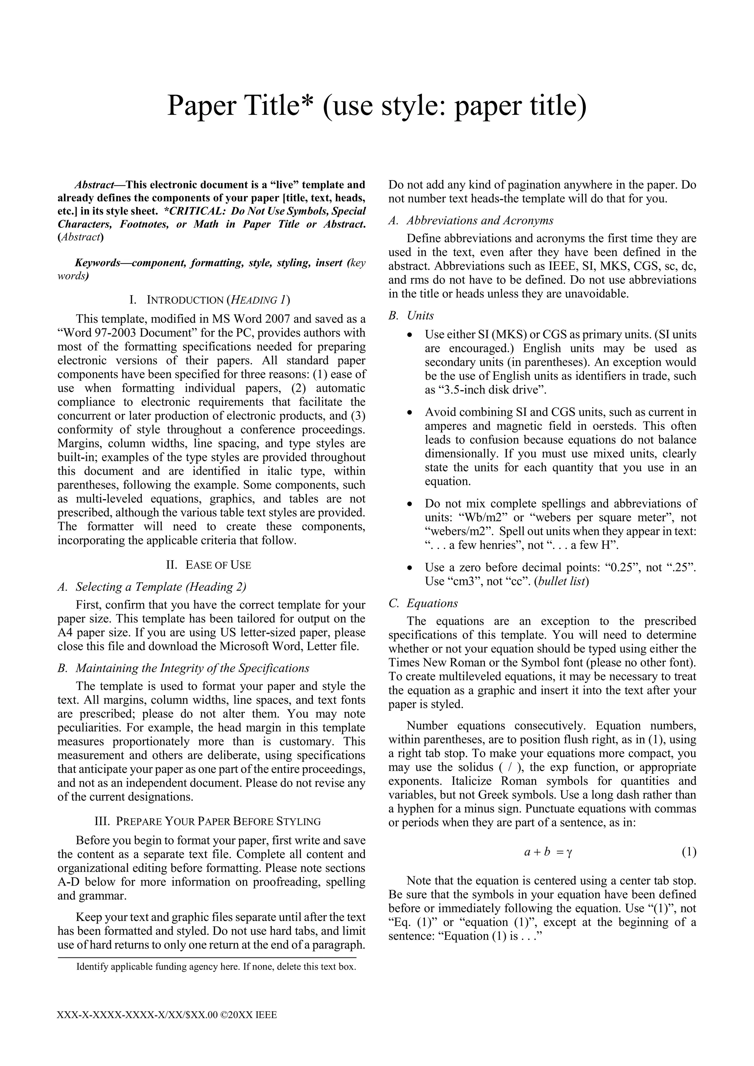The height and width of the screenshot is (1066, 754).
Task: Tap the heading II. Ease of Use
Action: (x=208, y=565)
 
